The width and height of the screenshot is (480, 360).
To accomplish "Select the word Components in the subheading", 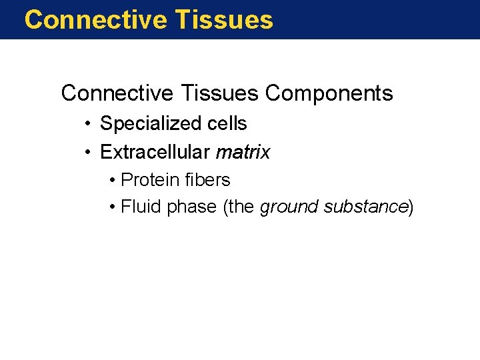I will pyautogui.click(x=329, y=93).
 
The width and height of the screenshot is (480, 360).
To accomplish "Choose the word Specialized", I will pyautogui.click(x=149, y=124).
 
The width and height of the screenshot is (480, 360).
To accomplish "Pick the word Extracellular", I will pyautogui.click(x=155, y=153).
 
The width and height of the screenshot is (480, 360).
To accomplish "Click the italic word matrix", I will pyautogui.click(x=243, y=153).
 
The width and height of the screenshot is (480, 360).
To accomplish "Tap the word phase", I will pyautogui.click(x=191, y=207).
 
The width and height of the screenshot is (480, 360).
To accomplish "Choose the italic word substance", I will pyautogui.click(x=365, y=207).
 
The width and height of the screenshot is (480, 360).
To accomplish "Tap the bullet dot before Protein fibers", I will pyautogui.click(x=113, y=180).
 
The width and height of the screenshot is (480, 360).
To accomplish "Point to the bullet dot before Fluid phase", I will pyautogui.click(x=113, y=207).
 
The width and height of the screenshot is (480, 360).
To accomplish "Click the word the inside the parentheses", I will pyautogui.click(x=241, y=207).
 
